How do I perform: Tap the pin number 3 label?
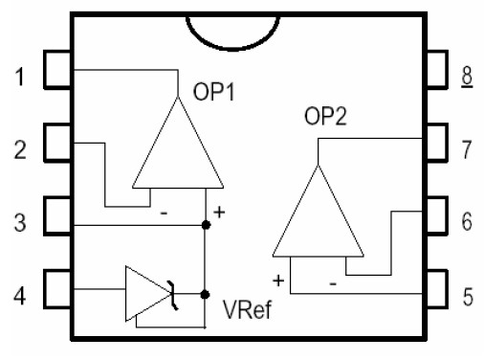point(20,222)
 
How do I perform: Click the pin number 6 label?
point(467,221)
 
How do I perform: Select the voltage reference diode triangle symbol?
point(146,292)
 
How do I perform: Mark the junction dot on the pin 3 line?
point(206,225)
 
